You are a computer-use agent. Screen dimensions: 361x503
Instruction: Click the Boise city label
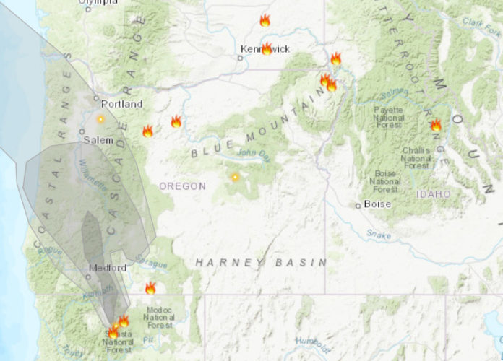pos(377,204)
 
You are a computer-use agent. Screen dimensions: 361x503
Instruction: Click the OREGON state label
pos(183,186)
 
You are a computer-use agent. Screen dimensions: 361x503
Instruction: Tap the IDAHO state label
pos(433,194)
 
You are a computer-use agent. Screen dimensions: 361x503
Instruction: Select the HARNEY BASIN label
pos(260,262)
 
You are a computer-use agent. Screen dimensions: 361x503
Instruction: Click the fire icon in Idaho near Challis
pos(436,126)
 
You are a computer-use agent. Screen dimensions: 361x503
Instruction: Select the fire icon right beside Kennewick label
pos(267,49)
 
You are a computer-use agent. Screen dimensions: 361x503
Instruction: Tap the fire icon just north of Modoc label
pos(150,289)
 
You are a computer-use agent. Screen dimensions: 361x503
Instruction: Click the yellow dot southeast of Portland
pos(100,118)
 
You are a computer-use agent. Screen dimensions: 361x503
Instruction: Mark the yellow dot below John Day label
pos(234,177)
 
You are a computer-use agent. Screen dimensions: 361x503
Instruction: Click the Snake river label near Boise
pos(379,233)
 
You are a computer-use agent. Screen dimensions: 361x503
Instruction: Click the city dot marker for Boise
pos(358,205)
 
